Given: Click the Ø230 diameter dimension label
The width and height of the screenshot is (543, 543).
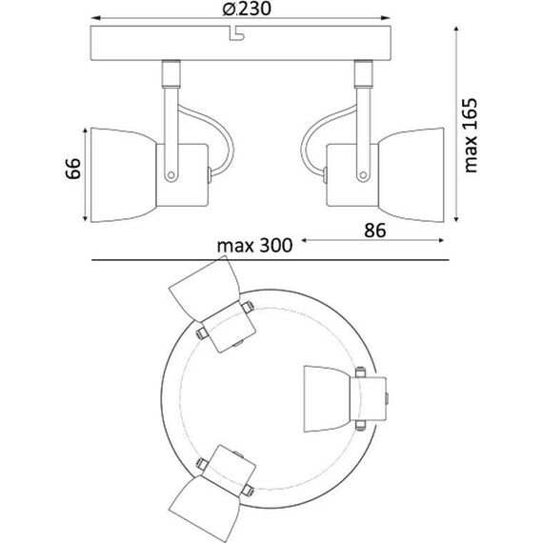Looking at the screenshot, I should pyautogui.click(x=241, y=11).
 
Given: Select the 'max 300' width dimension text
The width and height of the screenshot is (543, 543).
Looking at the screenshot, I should pyautogui.click(x=252, y=245).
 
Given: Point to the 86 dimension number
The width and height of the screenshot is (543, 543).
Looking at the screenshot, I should pyautogui.click(x=376, y=230).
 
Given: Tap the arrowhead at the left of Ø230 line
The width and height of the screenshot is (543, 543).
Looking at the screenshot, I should pyautogui.click(x=94, y=18).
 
